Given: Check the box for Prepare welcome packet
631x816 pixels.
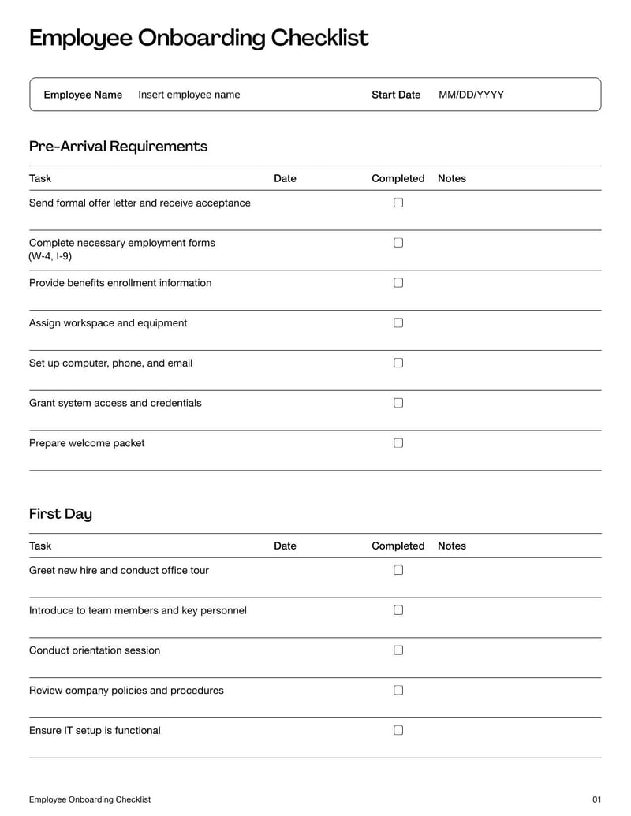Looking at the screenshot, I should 398,443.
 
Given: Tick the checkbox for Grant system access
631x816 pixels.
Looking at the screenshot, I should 398,403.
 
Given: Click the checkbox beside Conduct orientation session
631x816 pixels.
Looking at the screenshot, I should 398,650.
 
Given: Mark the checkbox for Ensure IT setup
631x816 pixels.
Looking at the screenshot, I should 398,730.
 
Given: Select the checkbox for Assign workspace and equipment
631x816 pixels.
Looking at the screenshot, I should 398,322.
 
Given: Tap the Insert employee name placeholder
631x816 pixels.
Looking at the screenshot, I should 189,95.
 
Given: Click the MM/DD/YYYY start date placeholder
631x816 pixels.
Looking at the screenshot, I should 471,95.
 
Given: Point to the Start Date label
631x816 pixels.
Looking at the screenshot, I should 396,95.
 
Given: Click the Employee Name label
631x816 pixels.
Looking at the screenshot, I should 83,95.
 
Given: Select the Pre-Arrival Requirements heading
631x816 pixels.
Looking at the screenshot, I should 118,146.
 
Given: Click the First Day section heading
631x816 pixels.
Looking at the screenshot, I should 61,514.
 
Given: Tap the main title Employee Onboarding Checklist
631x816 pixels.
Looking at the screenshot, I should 199,38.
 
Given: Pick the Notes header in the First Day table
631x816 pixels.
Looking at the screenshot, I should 452,546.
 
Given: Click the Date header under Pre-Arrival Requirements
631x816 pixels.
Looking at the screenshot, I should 285,178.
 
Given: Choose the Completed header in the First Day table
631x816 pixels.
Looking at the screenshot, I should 398,546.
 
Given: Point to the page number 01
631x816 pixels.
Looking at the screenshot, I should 596,799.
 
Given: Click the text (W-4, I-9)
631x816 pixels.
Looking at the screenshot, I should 50,257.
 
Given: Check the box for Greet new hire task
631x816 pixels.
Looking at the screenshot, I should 398,570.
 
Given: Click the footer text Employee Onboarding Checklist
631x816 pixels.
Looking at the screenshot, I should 90,799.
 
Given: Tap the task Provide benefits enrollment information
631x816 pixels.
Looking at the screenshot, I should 120,283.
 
